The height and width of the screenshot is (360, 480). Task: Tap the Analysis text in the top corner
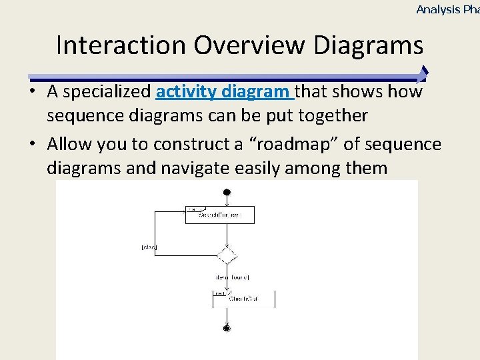tap(438, 9)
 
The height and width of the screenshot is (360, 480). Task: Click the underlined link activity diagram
tap(225, 91)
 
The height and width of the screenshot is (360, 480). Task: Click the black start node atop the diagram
tap(227, 193)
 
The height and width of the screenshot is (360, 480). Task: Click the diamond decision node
tap(227, 255)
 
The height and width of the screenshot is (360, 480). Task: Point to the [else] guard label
tap(149, 247)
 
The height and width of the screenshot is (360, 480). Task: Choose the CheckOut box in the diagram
tap(243, 299)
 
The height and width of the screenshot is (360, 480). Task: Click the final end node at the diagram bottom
tap(227, 328)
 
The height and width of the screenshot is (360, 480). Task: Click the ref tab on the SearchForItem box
tap(192, 209)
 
